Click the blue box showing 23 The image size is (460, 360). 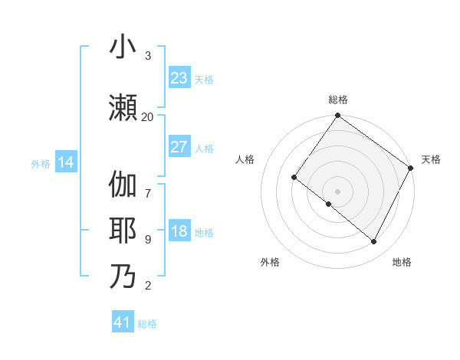pos(179,77)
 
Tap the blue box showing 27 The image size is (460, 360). pos(179,147)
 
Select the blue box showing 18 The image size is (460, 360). pos(179,232)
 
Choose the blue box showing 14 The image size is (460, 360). pos(66,162)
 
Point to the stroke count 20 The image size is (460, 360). pos(148,116)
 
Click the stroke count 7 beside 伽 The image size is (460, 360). pos(148,186)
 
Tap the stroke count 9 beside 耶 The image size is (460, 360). pos(148,239)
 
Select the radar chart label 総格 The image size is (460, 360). pos(337,100)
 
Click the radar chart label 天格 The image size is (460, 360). pos(431,159)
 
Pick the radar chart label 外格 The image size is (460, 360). pos(270,262)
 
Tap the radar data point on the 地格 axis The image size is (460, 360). pos(374,242)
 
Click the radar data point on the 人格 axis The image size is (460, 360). pos(294,177)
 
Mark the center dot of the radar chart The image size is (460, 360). pos(337,191)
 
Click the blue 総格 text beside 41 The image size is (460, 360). pos(147,323)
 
